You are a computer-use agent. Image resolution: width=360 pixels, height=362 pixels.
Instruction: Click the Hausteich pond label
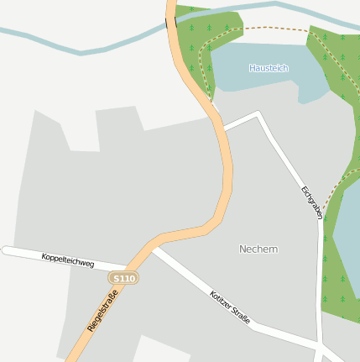click(269, 68)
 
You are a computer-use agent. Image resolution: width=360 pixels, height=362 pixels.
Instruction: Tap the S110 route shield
click(123, 277)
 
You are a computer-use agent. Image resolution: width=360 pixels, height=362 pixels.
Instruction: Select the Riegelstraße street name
click(102, 309)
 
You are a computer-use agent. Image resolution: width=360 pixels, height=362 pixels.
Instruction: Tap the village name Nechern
click(258, 249)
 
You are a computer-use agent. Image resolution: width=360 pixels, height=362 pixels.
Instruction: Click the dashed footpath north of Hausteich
click(260, 29)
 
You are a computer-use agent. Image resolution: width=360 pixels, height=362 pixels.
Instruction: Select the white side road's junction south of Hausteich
click(224, 129)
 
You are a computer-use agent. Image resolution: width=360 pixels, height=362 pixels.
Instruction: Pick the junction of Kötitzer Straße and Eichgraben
click(320, 345)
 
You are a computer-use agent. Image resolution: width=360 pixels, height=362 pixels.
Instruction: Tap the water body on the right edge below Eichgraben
click(347, 235)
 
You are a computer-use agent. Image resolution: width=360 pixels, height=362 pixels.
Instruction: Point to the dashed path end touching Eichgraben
click(321, 210)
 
